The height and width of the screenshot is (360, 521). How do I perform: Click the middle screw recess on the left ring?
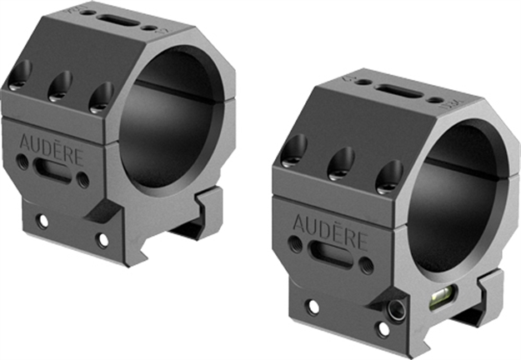[60, 82]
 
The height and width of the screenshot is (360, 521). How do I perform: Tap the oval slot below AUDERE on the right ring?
[323, 252]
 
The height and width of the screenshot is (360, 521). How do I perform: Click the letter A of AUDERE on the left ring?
[23, 132]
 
